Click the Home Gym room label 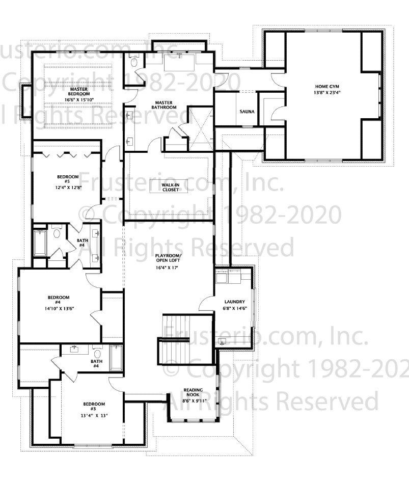tap(327, 87)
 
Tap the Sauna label tap(247, 112)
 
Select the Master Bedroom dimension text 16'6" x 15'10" tap(79, 100)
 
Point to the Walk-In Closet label tap(171, 188)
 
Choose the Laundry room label tap(234, 302)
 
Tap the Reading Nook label tap(193, 392)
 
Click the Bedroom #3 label tap(94, 407)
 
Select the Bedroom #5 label tap(68, 179)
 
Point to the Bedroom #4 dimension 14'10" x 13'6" tap(59, 309)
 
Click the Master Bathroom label tap(164, 105)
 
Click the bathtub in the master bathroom tap(180, 63)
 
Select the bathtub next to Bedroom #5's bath tap(40, 243)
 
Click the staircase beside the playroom tap(178, 339)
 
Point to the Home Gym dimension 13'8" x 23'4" tap(327, 92)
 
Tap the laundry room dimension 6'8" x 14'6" tap(235, 309)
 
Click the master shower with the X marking tap(201, 128)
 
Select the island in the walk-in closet tap(169, 188)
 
